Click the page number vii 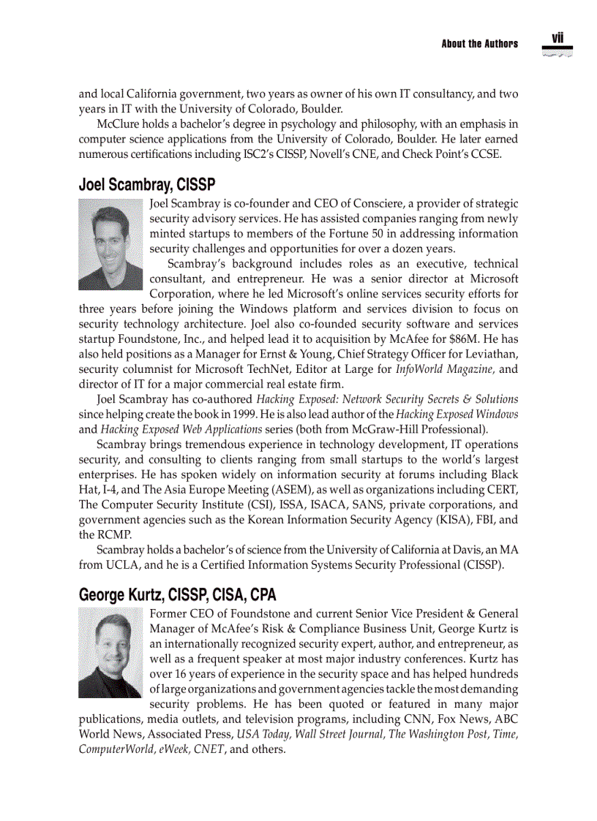pos(557,38)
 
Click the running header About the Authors pos(479,44)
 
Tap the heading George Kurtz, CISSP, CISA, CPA pos(177,595)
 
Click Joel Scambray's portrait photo pos(110,244)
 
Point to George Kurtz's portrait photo pos(110,654)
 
